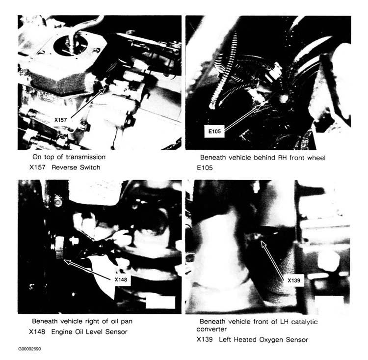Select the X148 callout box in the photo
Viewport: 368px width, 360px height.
pos(120,279)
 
